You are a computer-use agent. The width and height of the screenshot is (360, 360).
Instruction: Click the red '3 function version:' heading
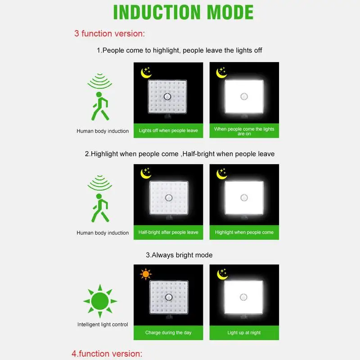[109, 33]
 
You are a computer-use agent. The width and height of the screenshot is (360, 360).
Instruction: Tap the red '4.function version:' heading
[107, 354]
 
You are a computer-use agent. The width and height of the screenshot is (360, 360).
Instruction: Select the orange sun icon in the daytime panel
[146, 274]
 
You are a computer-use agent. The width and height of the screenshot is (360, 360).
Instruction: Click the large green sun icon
[100, 301]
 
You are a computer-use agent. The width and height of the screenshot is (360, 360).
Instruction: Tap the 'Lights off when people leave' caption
[168, 130]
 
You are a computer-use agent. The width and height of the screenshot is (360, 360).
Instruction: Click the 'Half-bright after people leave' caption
[168, 232]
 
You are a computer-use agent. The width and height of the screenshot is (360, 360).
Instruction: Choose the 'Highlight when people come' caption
[244, 232]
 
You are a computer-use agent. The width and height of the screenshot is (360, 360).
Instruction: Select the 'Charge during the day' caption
[168, 333]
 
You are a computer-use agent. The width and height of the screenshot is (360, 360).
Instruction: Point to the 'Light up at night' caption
[244, 333]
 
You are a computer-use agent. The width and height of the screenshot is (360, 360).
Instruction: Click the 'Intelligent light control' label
[103, 324]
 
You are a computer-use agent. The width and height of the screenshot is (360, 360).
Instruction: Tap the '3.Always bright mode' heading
[179, 255]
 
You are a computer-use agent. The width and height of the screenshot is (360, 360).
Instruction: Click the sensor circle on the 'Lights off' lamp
[167, 96]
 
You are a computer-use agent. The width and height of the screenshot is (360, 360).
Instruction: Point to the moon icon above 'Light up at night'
[222, 274]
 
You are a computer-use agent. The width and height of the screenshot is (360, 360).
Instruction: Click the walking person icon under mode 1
[100, 106]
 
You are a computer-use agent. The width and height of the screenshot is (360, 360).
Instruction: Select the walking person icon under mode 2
[100, 208]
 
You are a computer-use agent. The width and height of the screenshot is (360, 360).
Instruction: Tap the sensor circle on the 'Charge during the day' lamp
[169, 297]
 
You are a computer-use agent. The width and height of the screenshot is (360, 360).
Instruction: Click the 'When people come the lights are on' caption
[244, 131]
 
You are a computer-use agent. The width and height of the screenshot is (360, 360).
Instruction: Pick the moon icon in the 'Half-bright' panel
[146, 173]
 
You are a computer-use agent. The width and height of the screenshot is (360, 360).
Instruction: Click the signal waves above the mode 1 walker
[100, 81]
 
